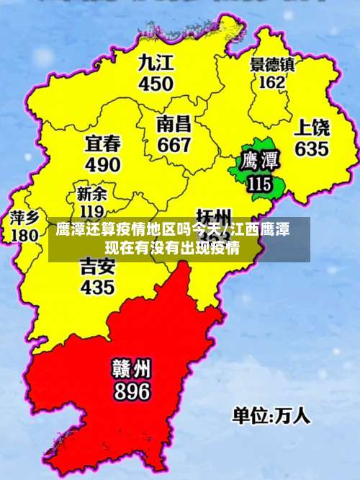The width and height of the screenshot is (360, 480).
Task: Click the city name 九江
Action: tap(156, 62)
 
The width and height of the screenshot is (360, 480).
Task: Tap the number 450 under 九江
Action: tap(156, 83)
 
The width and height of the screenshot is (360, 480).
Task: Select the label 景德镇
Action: tap(272, 64)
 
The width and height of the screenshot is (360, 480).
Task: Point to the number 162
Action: tap(271, 82)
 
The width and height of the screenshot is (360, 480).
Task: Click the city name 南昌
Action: tap(174, 123)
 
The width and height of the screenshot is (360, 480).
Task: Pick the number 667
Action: tap(174, 144)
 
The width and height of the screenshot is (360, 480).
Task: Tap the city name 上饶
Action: tap(312, 129)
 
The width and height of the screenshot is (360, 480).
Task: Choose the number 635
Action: tap(311, 149)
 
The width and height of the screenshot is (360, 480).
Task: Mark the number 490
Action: tap(103, 164)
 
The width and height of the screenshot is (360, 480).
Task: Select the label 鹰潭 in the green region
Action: tap(260, 160)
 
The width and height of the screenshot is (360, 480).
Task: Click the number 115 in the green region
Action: tap(259, 184)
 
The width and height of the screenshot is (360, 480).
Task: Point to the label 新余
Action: tap(91, 194)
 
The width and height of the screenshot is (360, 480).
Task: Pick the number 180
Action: tap(24, 235)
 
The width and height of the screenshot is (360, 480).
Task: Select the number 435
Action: tap(97, 287)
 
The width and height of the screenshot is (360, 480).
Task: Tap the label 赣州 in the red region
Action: tap(131, 369)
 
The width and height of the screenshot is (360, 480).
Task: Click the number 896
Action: tap(131, 391)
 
